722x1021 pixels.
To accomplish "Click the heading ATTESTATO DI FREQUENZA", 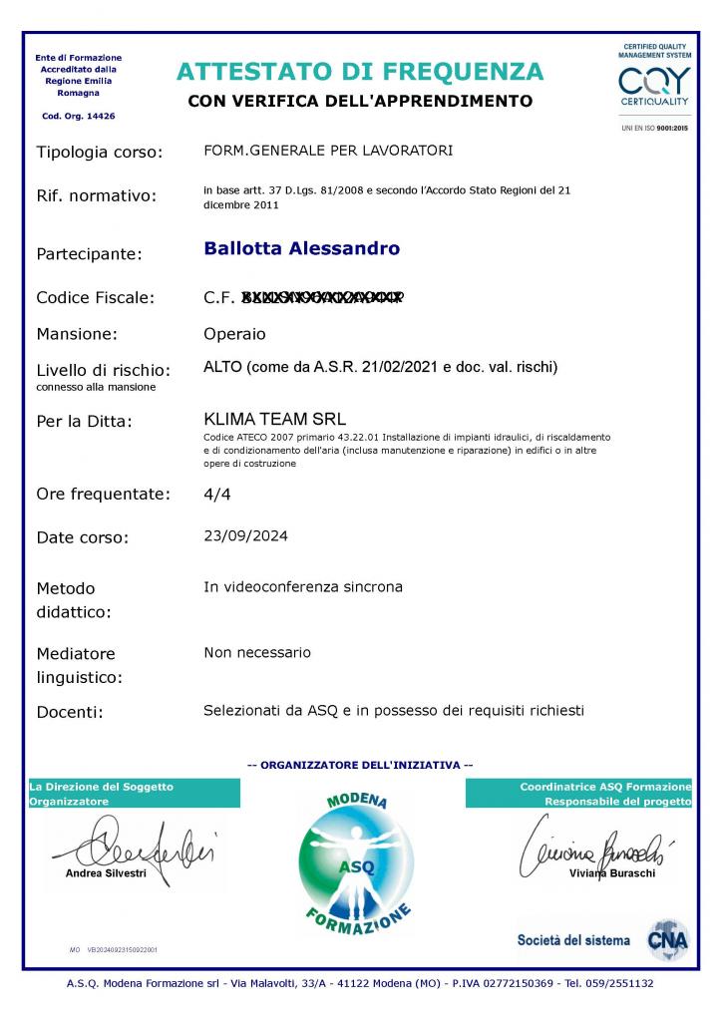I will (360, 72).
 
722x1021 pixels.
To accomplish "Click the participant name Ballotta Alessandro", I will (301, 248).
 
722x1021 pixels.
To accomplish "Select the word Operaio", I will (234, 334).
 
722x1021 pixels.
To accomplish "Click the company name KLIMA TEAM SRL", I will (274, 420).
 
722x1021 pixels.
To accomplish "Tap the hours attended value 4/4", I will (216, 494).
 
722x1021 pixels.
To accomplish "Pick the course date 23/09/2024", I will (245, 536).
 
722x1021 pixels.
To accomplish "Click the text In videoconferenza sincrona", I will (303, 587).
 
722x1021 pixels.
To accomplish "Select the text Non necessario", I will (257, 653).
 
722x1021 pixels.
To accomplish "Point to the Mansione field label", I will (77, 334).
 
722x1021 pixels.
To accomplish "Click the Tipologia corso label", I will (98, 153).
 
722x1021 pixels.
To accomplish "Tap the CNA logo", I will (667, 939).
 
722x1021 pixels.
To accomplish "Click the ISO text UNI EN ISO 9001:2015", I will (654, 129).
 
